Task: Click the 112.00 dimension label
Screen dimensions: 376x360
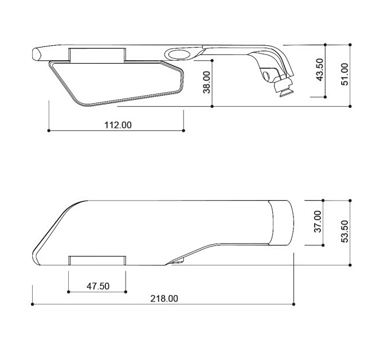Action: [x=118, y=125]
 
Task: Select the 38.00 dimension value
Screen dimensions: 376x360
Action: [x=206, y=83]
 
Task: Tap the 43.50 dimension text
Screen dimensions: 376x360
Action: [x=320, y=70]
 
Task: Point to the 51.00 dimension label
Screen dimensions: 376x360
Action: [x=344, y=74]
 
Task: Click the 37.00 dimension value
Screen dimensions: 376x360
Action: [x=318, y=221]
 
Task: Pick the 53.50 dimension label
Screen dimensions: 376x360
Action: [x=344, y=232]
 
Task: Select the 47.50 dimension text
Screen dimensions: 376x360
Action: [x=98, y=286]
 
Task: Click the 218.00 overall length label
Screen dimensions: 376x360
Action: [x=164, y=299]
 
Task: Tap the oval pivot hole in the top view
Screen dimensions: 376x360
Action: [x=179, y=54]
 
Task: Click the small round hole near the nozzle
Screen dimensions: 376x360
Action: [x=267, y=76]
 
